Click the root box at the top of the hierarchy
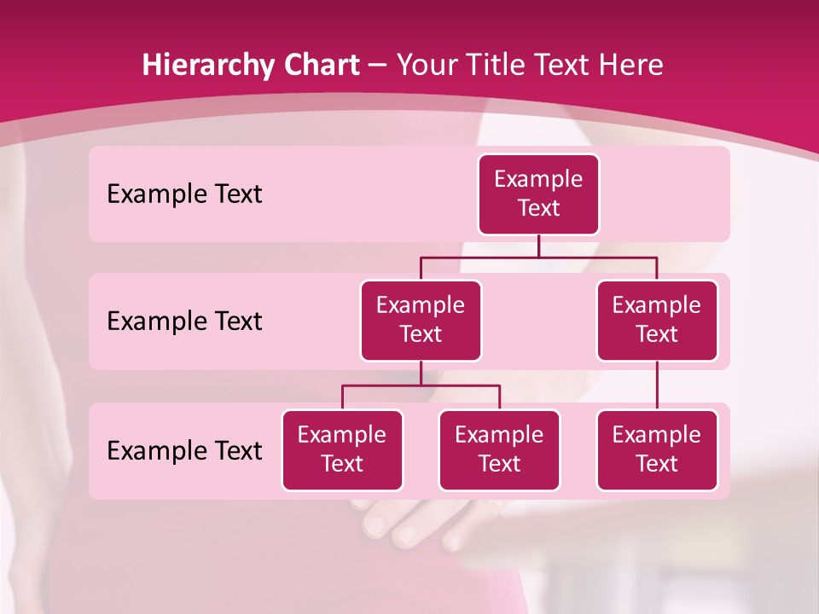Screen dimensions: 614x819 click(538, 194)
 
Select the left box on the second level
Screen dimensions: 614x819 click(421, 320)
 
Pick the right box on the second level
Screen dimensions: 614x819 click(657, 320)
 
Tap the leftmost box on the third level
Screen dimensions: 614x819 click(342, 449)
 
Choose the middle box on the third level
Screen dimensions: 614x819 click(499, 449)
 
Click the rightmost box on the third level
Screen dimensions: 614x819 click(657, 449)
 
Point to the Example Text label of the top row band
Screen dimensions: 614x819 click(184, 194)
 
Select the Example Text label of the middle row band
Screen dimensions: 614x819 click(184, 321)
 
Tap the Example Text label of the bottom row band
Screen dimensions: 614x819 click(184, 450)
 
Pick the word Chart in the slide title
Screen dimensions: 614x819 click(320, 65)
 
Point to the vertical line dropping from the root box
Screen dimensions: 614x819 click(538, 246)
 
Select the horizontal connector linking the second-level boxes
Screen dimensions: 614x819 click(538, 257)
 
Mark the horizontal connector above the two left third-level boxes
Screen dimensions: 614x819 click(421, 385)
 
